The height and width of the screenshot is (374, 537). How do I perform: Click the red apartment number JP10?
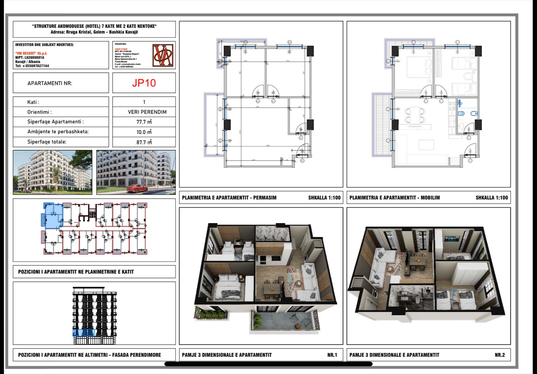click(x=144, y=83)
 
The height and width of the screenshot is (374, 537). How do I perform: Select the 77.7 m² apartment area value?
click(x=144, y=122)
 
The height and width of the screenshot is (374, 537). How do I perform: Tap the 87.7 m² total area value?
click(x=144, y=142)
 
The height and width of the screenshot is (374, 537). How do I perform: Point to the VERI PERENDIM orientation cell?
click(x=147, y=112)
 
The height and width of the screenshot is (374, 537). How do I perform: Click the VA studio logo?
click(x=163, y=55)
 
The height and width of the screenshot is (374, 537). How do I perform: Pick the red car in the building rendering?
click(x=137, y=189)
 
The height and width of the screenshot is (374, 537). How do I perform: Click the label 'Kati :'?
click(x=33, y=102)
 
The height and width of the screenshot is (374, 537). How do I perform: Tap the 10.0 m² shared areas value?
click(x=144, y=132)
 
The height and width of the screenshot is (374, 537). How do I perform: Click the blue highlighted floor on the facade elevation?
click(x=84, y=333)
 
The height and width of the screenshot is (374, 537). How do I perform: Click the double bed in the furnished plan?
click(x=418, y=67)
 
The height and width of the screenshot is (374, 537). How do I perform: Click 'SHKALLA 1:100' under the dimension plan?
click(x=324, y=198)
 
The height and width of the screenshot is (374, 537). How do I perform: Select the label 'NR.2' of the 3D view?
click(x=499, y=355)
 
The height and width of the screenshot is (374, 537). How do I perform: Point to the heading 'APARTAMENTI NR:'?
click(x=50, y=83)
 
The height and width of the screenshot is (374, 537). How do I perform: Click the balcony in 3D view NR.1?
click(x=283, y=322)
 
